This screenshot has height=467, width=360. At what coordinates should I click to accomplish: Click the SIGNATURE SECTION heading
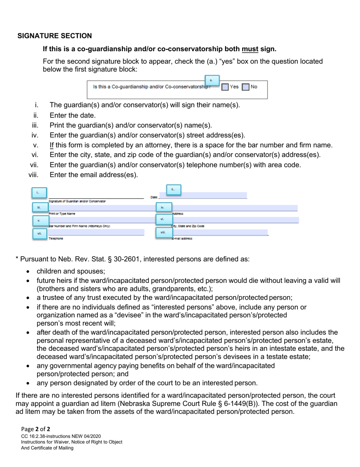pos(55,36)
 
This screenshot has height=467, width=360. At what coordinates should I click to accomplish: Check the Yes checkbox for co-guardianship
pos(225,87)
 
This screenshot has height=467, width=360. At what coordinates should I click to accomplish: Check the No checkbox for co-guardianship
pos(246,87)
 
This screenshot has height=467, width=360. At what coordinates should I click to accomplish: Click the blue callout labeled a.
pos(211,80)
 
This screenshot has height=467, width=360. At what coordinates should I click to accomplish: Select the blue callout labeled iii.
pos(39,207)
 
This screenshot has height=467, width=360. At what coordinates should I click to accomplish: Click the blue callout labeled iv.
pos(163,207)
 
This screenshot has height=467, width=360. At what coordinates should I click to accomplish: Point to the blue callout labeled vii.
pos(39,233)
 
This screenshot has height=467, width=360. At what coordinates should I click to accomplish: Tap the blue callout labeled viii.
pos(163,232)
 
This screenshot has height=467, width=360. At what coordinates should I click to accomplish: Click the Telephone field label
pos(56,239)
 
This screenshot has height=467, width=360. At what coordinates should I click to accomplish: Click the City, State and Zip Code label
pos(188,226)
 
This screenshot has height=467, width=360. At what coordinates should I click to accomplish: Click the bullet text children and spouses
pos(70,271)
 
